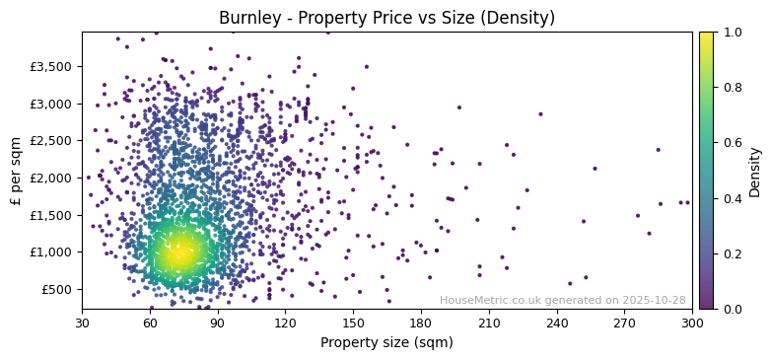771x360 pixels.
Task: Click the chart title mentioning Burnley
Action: point(386,18)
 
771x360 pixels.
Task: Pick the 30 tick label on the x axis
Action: point(82,323)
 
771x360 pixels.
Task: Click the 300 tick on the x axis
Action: point(692,323)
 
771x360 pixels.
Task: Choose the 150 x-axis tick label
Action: point(353,323)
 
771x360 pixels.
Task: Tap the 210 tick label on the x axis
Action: point(488,323)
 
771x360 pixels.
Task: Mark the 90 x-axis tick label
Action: point(218,323)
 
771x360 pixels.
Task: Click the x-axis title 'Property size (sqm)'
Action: point(386,343)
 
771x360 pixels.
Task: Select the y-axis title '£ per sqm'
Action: point(16,170)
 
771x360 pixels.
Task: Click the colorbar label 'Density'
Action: point(754,172)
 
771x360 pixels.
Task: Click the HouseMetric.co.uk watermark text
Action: point(562,300)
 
